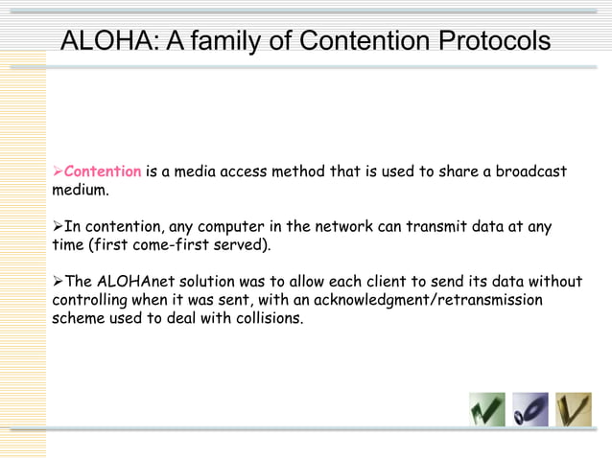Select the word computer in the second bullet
point(248,227)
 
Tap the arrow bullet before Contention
point(57,172)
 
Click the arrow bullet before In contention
point(57,227)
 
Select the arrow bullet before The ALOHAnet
point(57,282)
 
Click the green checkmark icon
point(486,410)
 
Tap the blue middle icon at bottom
point(530,410)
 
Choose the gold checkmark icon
point(574,410)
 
